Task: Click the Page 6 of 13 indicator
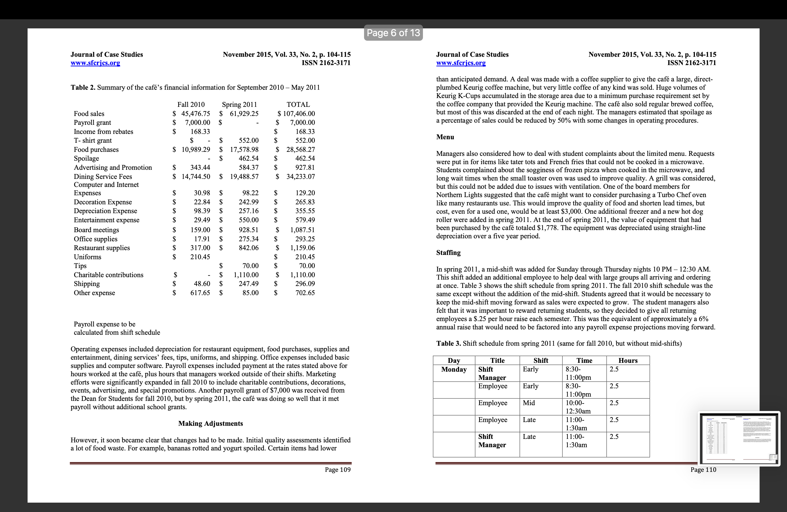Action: tap(393, 33)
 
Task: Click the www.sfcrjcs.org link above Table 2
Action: tap(95, 63)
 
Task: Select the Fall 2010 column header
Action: tap(191, 104)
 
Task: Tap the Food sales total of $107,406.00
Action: tap(296, 114)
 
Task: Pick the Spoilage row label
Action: tap(86, 159)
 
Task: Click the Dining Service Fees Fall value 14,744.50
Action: tap(195, 177)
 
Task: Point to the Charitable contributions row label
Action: tap(108, 275)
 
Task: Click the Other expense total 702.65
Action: tap(305, 293)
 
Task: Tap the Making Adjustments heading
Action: tap(210, 423)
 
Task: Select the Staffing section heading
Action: tap(448, 253)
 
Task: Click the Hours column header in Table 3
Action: tap(628, 360)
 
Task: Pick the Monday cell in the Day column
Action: tap(454, 370)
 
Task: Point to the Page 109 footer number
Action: tap(337, 470)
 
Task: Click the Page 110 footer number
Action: tap(703, 470)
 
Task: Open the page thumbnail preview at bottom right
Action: tap(739, 438)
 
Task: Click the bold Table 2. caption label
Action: tap(83, 88)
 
